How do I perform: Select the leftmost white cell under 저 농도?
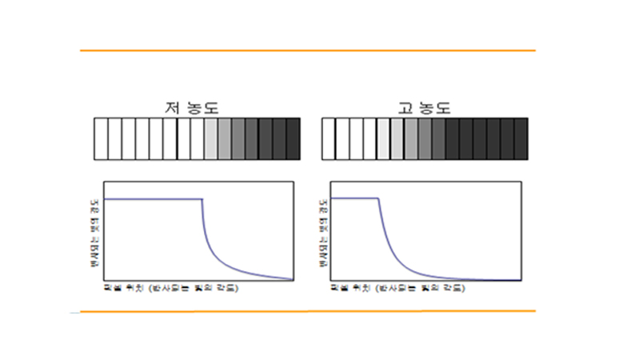tap(101, 138)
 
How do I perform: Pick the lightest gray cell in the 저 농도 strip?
tap(211, 138)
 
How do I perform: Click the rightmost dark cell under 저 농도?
tap(294, 138)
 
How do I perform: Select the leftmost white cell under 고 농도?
tap(328, 138)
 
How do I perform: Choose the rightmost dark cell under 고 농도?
tap(521, 138)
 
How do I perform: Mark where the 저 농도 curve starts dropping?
tap(202, 198)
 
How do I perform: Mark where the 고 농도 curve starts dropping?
tap(377, 198)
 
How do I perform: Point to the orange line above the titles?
tap(307, 50)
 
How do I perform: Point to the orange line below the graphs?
tap(307, 310)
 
